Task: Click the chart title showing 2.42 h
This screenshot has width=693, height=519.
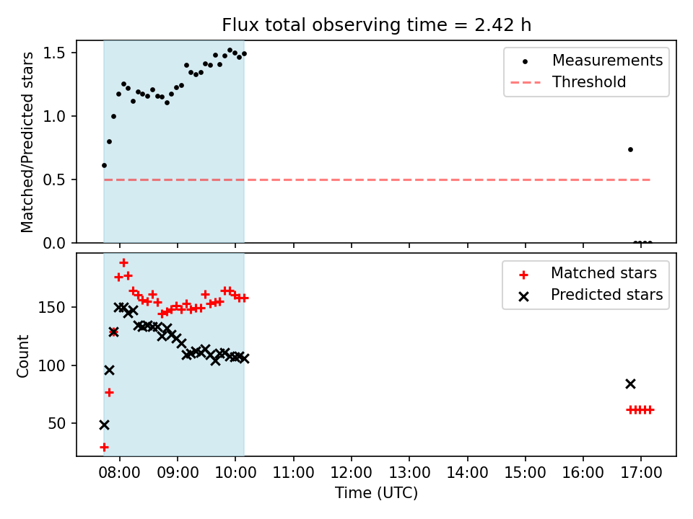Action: click(x=376, y=25)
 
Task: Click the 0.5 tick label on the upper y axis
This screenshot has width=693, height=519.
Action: click(x=54, y=180)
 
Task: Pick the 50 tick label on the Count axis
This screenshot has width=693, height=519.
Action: click(x=56, y=424)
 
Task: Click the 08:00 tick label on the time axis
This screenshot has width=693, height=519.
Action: click(x=120, y=473)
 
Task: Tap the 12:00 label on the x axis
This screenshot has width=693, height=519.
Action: click(x=352, y=473)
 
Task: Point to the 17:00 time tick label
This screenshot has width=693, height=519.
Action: click(x=641, y=473)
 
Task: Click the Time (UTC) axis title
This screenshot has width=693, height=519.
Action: click(x=376, y=492)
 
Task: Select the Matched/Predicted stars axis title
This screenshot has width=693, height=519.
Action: click(x=27, y=142)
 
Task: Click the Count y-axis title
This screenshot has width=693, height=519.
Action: click(x=23, y=355)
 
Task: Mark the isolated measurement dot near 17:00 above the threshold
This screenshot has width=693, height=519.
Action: click(x=630, y=150)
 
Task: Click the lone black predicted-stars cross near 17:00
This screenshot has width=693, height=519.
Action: click(x=630, y=384)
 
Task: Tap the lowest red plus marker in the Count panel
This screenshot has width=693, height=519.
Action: click(x=104, y=448)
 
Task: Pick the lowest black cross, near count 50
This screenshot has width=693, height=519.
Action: click(x=104, y=425)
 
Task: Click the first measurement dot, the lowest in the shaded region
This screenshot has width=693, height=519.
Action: click(x=104, y=166)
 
